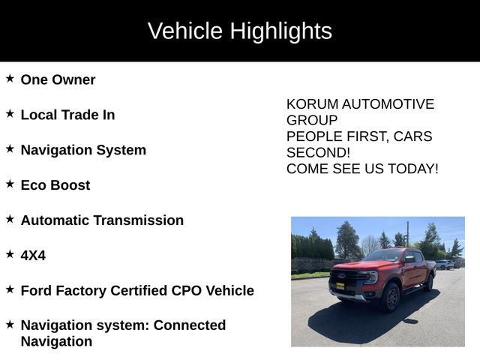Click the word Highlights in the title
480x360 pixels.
pos(280,31)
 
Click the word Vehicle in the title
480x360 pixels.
pos(185,31)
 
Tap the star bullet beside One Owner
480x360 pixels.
pos(10,78)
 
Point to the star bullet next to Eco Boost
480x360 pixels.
pos(10,183)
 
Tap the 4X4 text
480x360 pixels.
pos(33,256)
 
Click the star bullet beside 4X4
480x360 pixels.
pos(10,253)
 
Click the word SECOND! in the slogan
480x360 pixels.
pos(319,152)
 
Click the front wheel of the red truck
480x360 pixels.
pos(391,298)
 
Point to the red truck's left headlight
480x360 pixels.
pos(369,277)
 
